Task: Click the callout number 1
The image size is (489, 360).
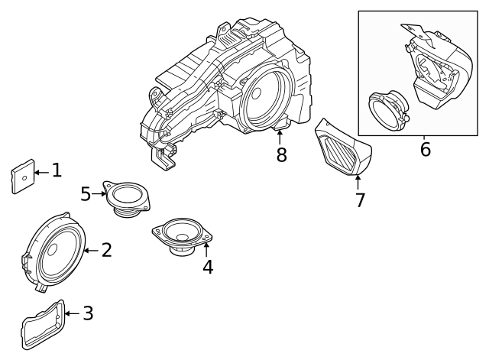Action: click(x=56, y=170)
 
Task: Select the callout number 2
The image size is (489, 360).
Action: click(x=106, y=250)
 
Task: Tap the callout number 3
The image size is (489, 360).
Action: click(x=88, y=313)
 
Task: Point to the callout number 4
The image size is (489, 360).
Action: click(x=207, y=267)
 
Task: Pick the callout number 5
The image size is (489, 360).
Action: click(x=86, y=194)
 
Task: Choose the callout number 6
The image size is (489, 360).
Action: click(x=425, y=149)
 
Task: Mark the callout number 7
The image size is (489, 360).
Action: click(x=360, y=200)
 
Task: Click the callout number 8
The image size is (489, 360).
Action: click(x=280, y=155)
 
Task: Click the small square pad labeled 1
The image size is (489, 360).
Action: click(x=24, y=177)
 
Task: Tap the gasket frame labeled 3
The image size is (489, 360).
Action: click(x=42, y=326)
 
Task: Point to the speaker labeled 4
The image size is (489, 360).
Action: click(x=180, y=235)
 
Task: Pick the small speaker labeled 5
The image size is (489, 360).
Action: click(x=128, y=196)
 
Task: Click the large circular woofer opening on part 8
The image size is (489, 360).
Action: click(x=264, y=98)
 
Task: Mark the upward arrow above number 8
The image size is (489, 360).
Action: click(x=280, y=138)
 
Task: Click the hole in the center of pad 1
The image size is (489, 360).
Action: click(x=24, y=177)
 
